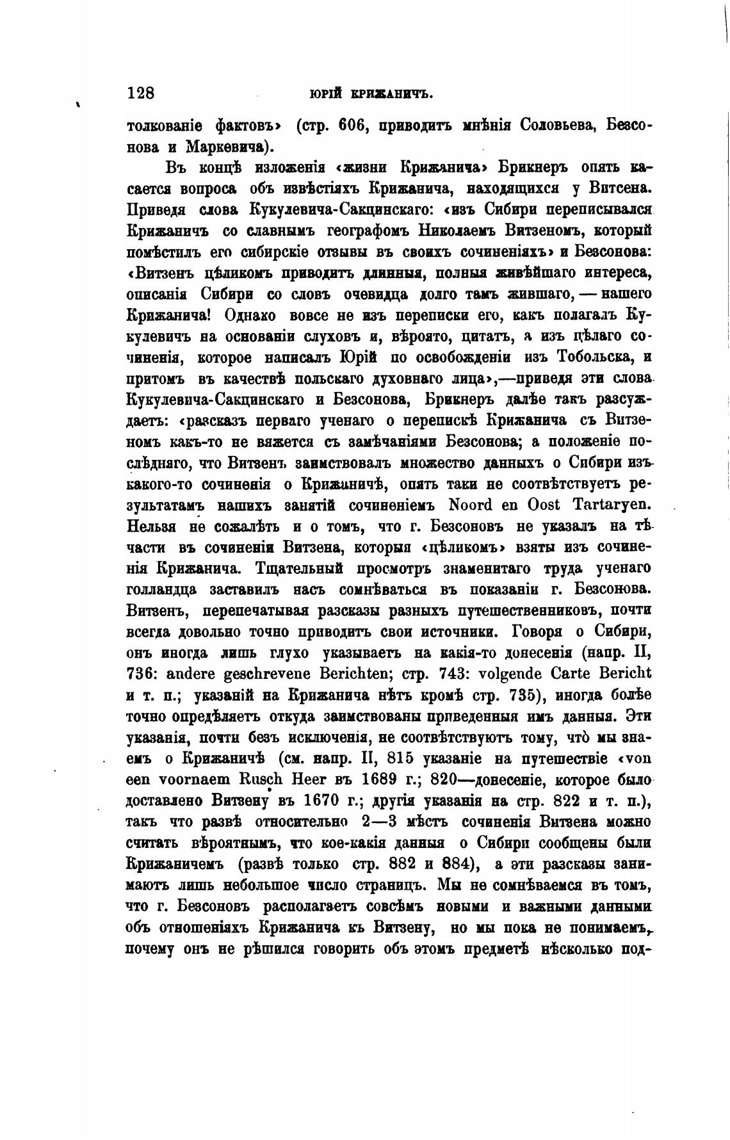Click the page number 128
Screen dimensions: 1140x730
(141, 94)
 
